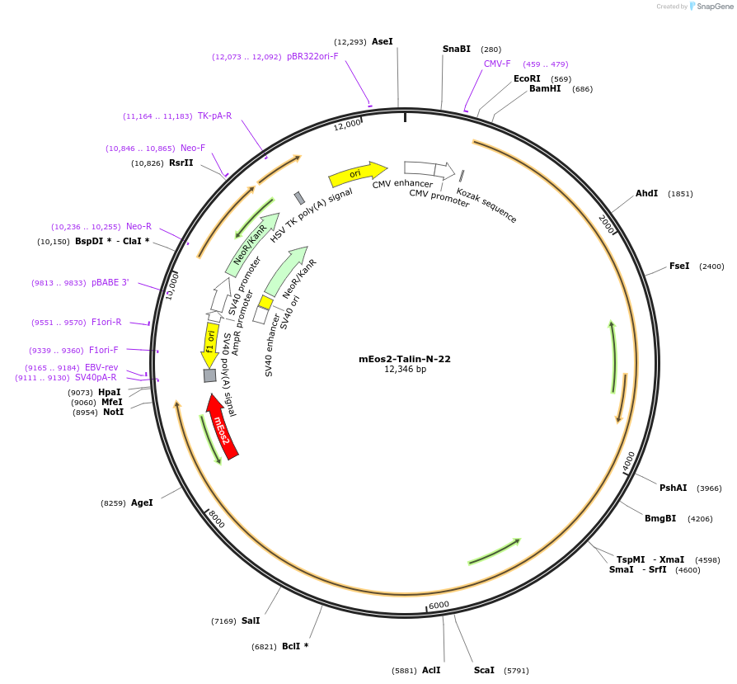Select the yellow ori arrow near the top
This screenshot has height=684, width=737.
click(x=357, y=173)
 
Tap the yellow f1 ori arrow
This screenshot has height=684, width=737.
click(x=210, y=343)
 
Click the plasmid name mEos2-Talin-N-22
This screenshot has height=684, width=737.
click(x=404, y=359)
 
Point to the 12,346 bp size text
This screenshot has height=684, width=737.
click(x=404, y=370)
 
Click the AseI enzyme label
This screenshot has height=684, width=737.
click(x=383, y=41)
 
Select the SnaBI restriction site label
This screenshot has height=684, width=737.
click(x=457, y=49)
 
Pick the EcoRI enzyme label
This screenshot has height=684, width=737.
click(x=527, y=78)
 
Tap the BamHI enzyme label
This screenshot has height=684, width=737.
click(x=545, y=88)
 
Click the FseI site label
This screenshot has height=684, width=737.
click(x=679, y=266)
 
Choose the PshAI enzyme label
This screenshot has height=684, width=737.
click(x=674, y=488)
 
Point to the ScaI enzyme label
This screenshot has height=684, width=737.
click(x=484, y=670)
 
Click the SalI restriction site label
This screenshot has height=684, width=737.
click(x=251, y=620)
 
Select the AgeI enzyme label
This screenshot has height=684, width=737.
click(x=142, y=502)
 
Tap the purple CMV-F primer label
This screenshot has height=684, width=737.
click(x=497, y=64)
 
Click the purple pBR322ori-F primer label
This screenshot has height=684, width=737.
click(x=312, y=56)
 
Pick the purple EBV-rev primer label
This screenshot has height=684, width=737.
click(x=101, y=367)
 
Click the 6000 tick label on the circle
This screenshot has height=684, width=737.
click(x=439, y=605)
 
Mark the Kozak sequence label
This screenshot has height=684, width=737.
click(x=487, y=205)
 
